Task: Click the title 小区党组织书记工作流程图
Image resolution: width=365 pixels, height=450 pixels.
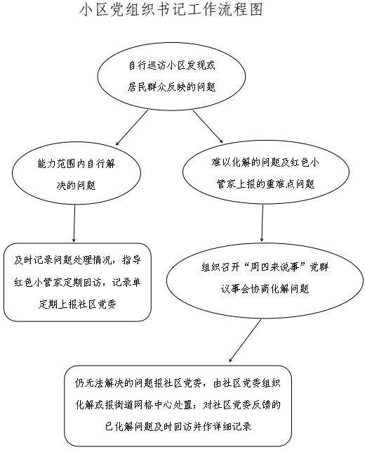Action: pyautogui.click(x=171, y=9)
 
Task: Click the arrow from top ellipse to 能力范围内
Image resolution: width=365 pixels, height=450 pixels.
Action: pyautogui.click(x=132, y=128)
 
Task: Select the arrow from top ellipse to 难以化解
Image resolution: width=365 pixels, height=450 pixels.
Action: pyautogui.click(x=208, y=127)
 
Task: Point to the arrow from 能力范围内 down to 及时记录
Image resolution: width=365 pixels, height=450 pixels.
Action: pyautogui.click(x=74, y=224)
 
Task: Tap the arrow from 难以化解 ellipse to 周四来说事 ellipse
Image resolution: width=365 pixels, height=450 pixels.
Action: pyautogui.click(x=262, y=223)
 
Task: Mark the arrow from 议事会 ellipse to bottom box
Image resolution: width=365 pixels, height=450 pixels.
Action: pyautogui.click(x=245, y=340)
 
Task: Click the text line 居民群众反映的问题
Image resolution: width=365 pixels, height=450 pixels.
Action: pyautogui.click(x=171, y=87)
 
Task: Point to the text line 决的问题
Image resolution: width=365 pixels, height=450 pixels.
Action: pyautogui.click(x=77, y=185)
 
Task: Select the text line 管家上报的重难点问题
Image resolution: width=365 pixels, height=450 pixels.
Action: pyautogui.click(x=265, y=184)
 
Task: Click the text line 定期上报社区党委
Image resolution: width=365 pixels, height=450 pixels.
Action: pyautogui.click(x=77, y=304)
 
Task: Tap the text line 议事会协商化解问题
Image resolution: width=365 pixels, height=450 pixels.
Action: pyautogui.click(x=265, y=289)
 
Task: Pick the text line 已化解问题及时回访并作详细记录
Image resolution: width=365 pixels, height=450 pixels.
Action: pyautogui.click(x=178, y=427)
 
